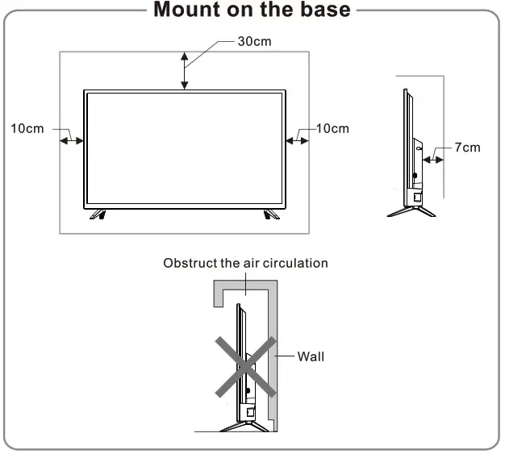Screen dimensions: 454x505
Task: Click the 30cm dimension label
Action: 254,41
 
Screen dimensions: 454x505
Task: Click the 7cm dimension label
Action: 467,147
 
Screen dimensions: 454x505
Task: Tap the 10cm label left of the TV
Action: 27,129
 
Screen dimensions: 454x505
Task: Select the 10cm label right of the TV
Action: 332,129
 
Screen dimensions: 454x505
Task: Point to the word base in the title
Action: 324,10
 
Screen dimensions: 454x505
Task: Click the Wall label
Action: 311,356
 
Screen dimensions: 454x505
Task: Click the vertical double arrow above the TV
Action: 185,70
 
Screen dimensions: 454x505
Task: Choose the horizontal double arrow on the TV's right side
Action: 297,140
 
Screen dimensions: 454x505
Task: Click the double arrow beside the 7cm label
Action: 434,160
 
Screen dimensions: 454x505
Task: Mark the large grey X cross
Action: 246,366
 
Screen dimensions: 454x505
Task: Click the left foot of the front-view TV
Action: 97,213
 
